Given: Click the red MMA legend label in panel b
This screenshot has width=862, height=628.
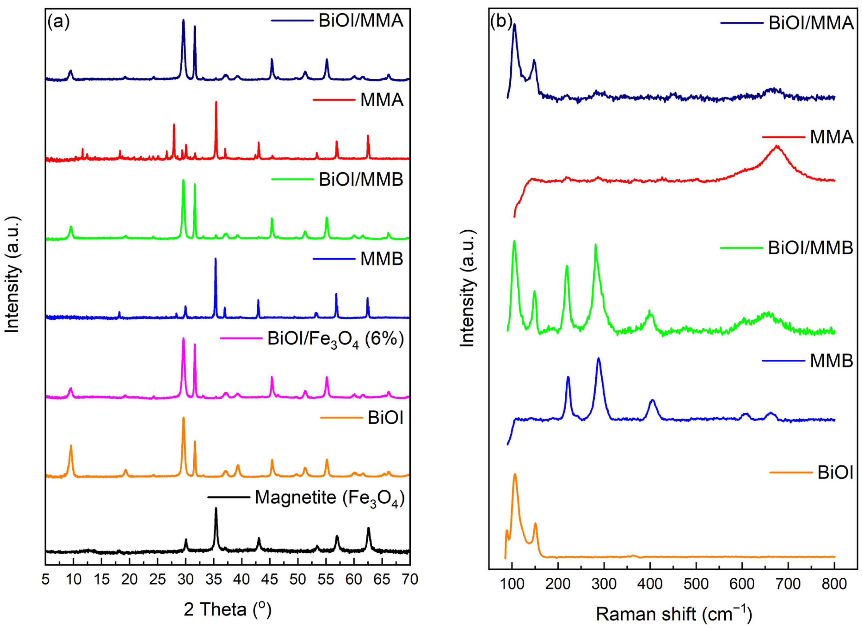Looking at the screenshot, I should tap(832, 137).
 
